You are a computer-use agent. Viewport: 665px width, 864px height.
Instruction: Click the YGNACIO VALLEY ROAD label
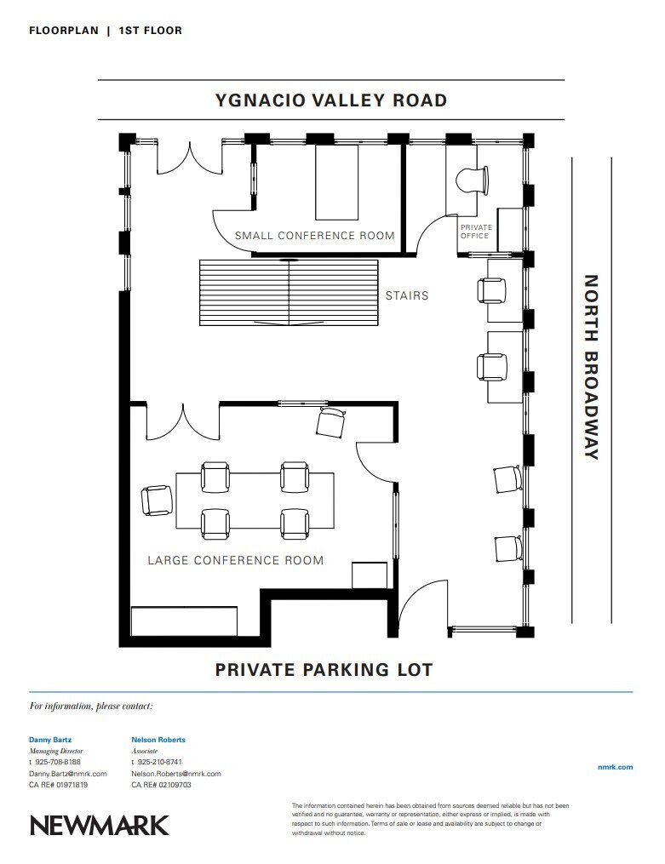pyautogui.click(x=331, y=100)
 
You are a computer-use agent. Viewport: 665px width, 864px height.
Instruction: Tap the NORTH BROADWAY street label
pyautogui.click(x=591, y=367)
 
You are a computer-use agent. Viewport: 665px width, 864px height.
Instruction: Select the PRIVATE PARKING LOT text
pyautogui.click(x=324, y=670)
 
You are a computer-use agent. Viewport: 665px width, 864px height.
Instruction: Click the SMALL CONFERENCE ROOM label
pyautogui.click(x=315, y=236)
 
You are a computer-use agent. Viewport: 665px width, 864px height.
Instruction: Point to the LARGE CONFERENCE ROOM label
pyautogui.click(x=236, y=560)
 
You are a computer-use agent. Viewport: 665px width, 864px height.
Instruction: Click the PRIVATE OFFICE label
pyautogui.click(x=474, y=232)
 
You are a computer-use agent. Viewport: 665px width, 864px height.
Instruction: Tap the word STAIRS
pyautogui.click(x=407, y=296)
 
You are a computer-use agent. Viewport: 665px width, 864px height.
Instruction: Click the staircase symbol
pyautogui.click(x=289, y=293)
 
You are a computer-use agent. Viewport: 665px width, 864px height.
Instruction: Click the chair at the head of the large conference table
pyautogui.click(x=158, y=501)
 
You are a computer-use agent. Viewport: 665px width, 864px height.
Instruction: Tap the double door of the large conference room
pyautogui.click(x=182, y=423)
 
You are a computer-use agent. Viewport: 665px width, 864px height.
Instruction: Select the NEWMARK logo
pyautogui.click(x=100, y=825)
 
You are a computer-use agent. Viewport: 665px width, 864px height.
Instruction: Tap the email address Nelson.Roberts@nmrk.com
pyautogui.click(x=176, y=774)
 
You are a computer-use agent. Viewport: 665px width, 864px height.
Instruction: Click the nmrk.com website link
pyautogui.click(x=616, y=767)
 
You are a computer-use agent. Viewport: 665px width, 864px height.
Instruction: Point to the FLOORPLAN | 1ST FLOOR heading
pyautogui.click(x=106, y=31)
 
